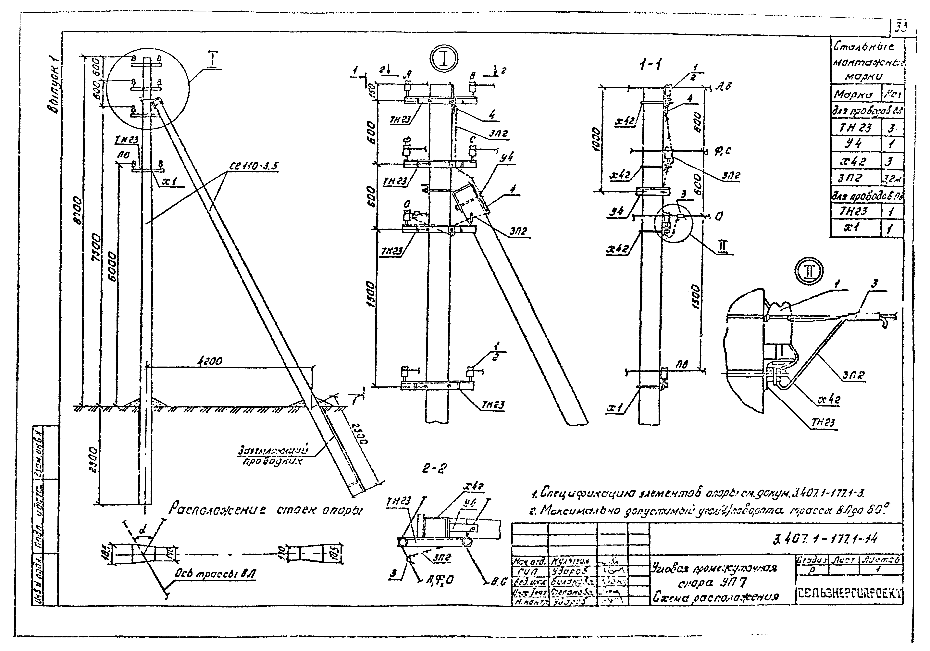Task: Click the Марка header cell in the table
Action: (x=855, y=95)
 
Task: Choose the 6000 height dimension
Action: (x=113, y=267)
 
